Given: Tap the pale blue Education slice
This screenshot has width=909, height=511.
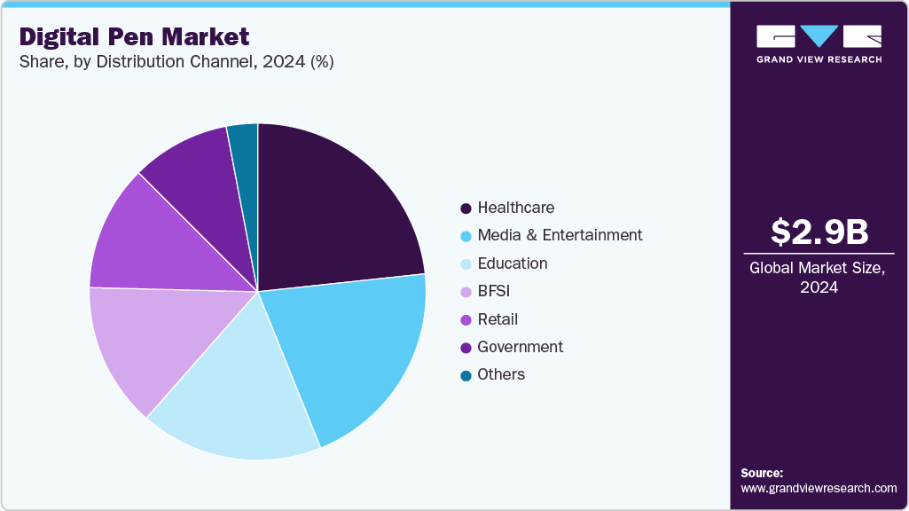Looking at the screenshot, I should point(235,399).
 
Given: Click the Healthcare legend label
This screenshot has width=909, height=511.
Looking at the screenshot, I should point(515,208).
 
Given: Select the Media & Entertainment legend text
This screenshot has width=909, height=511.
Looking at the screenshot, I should point(560,235).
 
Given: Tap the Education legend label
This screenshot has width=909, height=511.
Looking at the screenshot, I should point(512,263).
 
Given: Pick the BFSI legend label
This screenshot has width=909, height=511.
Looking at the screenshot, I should point(493,291).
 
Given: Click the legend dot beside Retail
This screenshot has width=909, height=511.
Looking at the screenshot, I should point(466,319).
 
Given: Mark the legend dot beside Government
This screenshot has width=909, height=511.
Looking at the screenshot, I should point(466,348).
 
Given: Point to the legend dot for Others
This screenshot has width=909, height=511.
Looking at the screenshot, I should point(466,375).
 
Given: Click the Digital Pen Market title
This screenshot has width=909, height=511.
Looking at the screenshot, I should point(134,37).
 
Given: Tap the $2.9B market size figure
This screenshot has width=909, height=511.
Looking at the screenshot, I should point(819,232).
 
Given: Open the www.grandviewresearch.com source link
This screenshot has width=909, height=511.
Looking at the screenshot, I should point(819,488).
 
